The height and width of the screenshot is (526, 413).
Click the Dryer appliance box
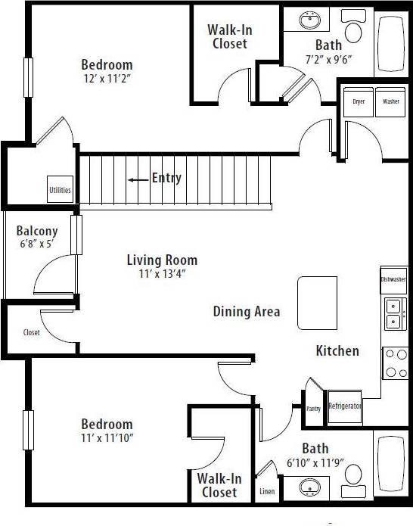point(359,102)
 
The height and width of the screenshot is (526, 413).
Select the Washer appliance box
point(390,102)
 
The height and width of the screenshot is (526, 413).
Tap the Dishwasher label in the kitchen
point(393,279)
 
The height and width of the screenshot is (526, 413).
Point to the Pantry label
point(314,409)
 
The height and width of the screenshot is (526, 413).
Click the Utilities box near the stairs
point(60,190)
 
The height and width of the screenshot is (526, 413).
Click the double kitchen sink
point(394,313)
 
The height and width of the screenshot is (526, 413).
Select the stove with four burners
point(395,363)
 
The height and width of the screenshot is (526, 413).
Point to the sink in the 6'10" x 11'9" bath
point(310,484)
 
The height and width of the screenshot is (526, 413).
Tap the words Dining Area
point(247,311)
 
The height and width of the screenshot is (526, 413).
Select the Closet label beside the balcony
point(32,332)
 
